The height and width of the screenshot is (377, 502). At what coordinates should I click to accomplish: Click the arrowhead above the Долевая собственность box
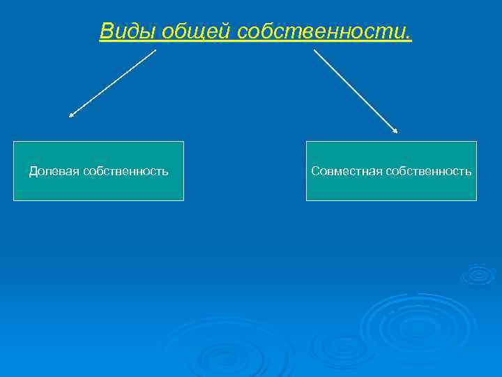tap(70, 115)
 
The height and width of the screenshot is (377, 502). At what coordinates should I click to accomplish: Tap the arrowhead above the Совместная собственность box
tap(395, 130)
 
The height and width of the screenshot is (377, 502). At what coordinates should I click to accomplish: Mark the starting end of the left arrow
tap(155, 50)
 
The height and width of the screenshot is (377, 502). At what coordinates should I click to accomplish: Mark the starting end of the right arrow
tap(315, 50)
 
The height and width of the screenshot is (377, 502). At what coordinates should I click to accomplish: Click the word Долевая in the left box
tap(54, 171)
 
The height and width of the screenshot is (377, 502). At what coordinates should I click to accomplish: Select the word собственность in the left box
tap(125, 171)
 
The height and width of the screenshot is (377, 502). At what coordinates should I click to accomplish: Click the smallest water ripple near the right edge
tap(479, 274)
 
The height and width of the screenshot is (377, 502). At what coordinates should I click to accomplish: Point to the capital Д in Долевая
tap(33, 171)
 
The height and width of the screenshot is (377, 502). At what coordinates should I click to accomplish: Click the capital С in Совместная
tap(315, 171)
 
